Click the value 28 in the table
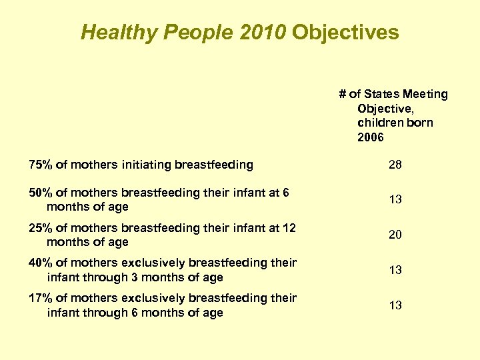[x=395, y=164]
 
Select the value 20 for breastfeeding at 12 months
[x=395, y=235]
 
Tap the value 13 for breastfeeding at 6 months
[x=395, y=199]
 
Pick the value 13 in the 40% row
[x=395, y=270]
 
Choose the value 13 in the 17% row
[x=395, y=305]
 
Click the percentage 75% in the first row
[x=40, y=164]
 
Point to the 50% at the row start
[x=40, y=193]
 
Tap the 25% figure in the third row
[x=40, y=228]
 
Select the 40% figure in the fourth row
[x=40, y=263]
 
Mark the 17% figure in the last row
[x=40, y=298]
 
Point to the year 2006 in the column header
[x=371, y=137]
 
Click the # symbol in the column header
[x=342, y=94]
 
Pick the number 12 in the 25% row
[x=289, y=228]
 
